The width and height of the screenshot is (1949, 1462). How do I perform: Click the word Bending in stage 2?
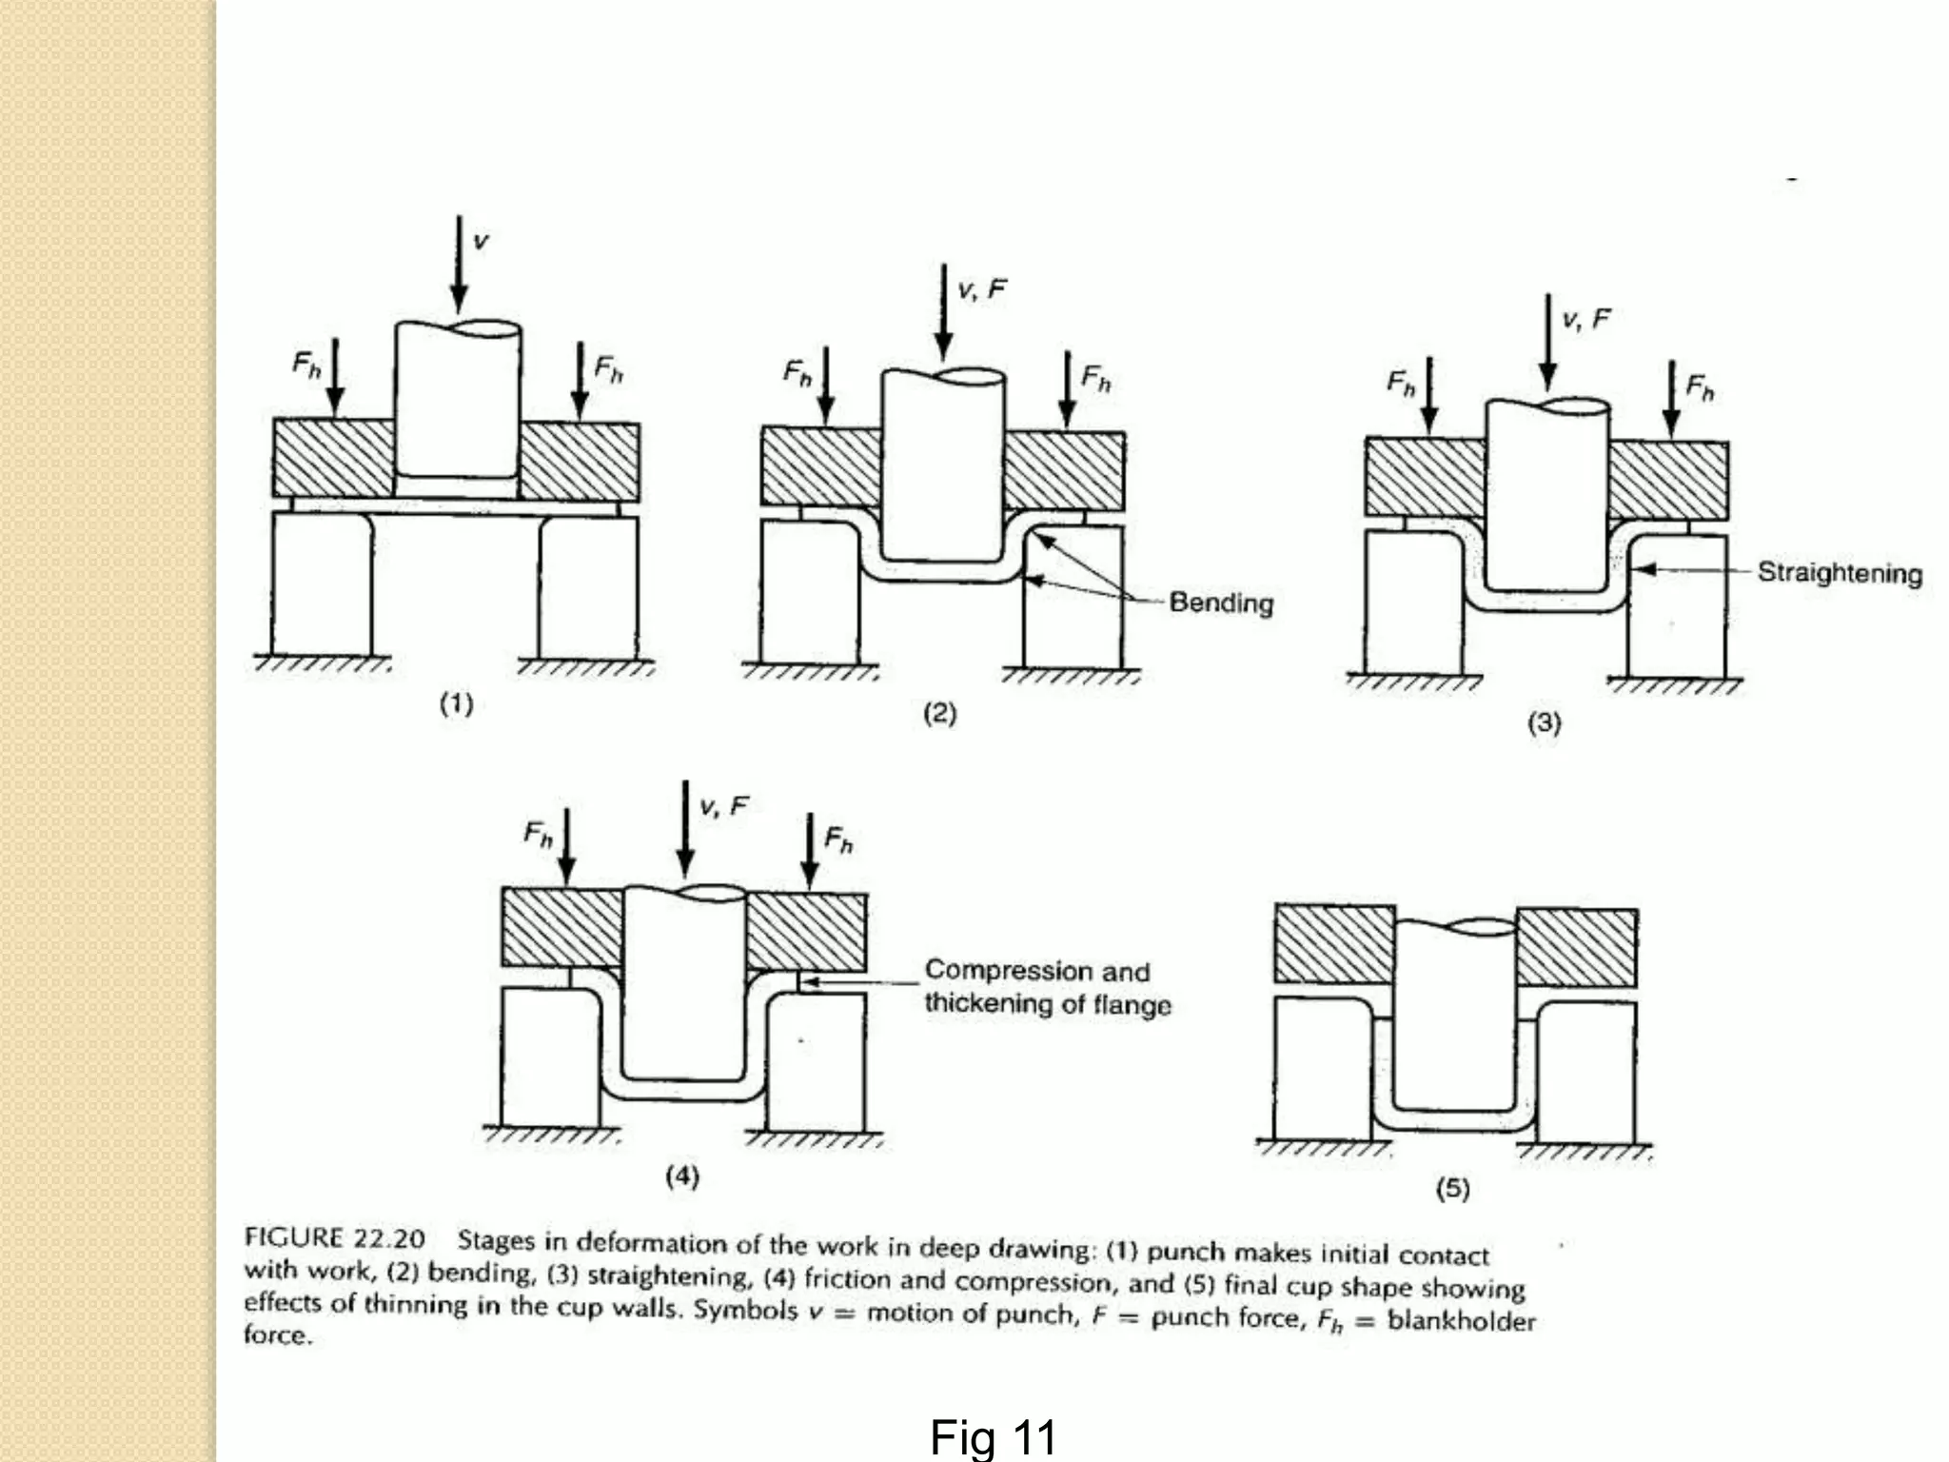[x=1221, y=603]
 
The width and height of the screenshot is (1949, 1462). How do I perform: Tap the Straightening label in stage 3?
[x=1839, y=573]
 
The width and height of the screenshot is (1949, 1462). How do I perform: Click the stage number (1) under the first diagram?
[x=456, y=704]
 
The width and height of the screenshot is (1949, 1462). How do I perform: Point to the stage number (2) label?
[x=939, y=713]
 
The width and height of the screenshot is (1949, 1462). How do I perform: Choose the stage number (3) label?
[x=1544, y=722]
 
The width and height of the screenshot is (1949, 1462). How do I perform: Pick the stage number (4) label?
[x=682, y=1176]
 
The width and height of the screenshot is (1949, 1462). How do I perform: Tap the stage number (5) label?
[x=1452, y=1188]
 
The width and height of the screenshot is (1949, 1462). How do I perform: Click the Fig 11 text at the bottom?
[x=993, y=1437]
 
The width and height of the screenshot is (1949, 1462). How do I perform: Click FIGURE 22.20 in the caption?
[x=334, y=1237]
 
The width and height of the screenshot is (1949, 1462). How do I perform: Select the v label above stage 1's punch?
[x=481, y=241]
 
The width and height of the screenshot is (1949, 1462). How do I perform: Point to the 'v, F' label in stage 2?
[x=981, y=289]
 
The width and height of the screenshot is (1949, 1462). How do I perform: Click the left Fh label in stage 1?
[x=306, y=365]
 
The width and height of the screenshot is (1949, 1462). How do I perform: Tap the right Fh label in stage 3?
[x=1700, y=387]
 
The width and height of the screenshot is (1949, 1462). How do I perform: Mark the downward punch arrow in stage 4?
[x=684, y=828]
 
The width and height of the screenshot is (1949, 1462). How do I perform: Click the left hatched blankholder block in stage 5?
[x=1333, y=945]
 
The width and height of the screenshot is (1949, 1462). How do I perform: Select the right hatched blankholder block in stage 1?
[x=580, y=461]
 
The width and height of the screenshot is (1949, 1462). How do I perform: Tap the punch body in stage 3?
[x=1546, y=495]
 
